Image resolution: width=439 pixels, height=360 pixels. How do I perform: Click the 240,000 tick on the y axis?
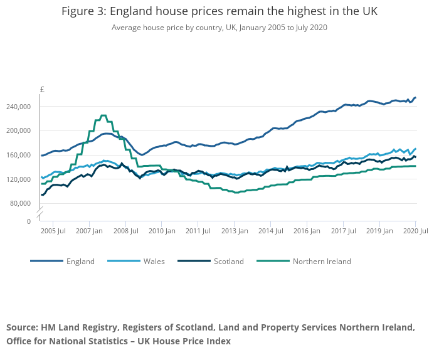(19, 107)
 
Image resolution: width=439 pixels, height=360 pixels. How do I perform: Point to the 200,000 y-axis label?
(19, 130)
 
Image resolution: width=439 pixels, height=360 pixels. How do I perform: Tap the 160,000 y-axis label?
(19, 155)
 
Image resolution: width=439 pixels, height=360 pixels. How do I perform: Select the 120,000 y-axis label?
(19, 179)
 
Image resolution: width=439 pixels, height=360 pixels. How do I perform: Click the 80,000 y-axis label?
(21, 203)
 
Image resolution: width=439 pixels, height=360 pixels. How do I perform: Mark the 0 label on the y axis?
(28, 221)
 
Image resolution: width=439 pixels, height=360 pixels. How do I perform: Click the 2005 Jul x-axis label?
(53, 231)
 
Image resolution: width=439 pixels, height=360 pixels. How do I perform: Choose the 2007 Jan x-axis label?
(90, 231)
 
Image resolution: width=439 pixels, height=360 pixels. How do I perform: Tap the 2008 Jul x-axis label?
(125, 231)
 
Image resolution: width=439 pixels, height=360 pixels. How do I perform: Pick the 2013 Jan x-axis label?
(235, 231)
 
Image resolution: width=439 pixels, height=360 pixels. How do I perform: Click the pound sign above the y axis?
(42, 90)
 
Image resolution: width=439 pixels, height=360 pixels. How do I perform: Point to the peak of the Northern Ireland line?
(103, 116)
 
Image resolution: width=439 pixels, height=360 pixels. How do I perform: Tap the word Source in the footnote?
(22, 328)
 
